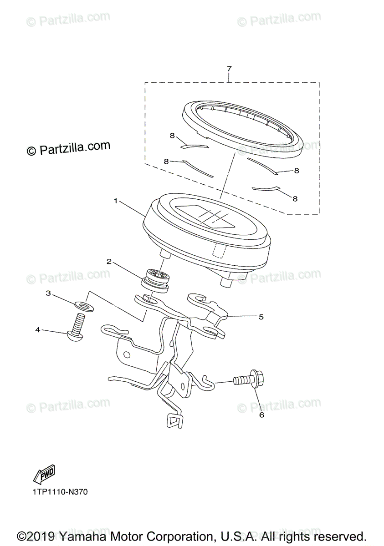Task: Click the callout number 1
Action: pyautogui.click(x=116, y=201)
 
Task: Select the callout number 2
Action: pyautogui.click(x=109, y=262)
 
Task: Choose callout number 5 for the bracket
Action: pyautogui.click(x=261, y=317)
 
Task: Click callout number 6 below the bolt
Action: pyautogui.click(x=261, y=415)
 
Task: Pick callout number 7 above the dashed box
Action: pyautogui.click(x=229, y=69)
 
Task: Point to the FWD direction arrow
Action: pyautogui.click(x=44, y=475)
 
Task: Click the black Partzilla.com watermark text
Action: pyautogui.click(x=69, y=148)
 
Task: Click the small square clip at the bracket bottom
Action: pyautogui.click(x=174, y=421)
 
